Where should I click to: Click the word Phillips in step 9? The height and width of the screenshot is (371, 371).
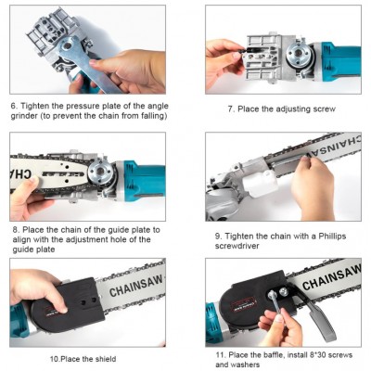331,237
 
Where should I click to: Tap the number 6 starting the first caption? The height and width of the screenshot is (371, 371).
14,106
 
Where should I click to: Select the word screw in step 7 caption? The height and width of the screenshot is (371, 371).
324,109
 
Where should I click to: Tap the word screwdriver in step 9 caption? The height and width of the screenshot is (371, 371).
237,246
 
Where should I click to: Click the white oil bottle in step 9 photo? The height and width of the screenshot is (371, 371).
260,183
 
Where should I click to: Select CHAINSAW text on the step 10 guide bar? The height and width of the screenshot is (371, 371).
136,286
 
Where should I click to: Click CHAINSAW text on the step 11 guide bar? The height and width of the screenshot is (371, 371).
331,276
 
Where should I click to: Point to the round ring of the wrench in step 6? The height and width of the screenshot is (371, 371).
67,46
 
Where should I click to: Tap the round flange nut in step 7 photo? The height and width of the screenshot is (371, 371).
299,56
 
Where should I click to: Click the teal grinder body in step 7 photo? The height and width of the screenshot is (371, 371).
339,62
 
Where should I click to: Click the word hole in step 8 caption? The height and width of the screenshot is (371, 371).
137,239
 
